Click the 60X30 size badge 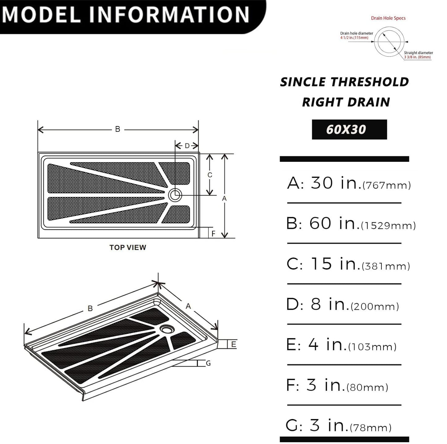[349, 129]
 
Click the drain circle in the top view [175, 195]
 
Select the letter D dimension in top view [187, 146]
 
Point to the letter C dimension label [210, 175]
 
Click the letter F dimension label [213, 234]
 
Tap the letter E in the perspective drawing [234, 344]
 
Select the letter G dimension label [208, 363]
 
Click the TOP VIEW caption [127, 247]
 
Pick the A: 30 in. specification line [349, 183]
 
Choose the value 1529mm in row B [388, 226]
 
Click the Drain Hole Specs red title [388, 18]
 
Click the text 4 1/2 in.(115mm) [354, 38]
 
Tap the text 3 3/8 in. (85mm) [417, 57]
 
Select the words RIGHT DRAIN [346, 102]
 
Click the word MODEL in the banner [44, 14]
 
